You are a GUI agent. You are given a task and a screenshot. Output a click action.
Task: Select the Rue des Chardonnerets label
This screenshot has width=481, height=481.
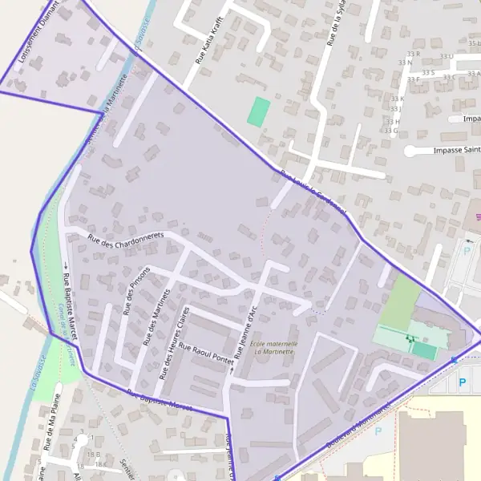pyautogui.click(x=125, y=239)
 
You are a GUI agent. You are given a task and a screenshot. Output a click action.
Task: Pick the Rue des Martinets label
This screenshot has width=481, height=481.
pyautogui.click(x=157, y=317)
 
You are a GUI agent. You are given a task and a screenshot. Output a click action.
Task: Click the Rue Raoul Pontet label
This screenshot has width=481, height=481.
pyautogui.click(x=204, y=354)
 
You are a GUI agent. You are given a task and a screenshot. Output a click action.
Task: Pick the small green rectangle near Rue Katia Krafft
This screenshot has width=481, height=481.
pyautogui.click(x=258, y=111)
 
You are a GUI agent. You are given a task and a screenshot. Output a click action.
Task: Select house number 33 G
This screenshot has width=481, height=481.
pyautogui.click(x=392, y=130)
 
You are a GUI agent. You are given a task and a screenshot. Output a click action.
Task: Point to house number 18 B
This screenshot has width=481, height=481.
pyautogui.click(x=95, y=455)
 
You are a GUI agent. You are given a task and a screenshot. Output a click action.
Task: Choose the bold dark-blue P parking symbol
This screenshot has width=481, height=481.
pyautogui.click(x=461, y=383)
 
